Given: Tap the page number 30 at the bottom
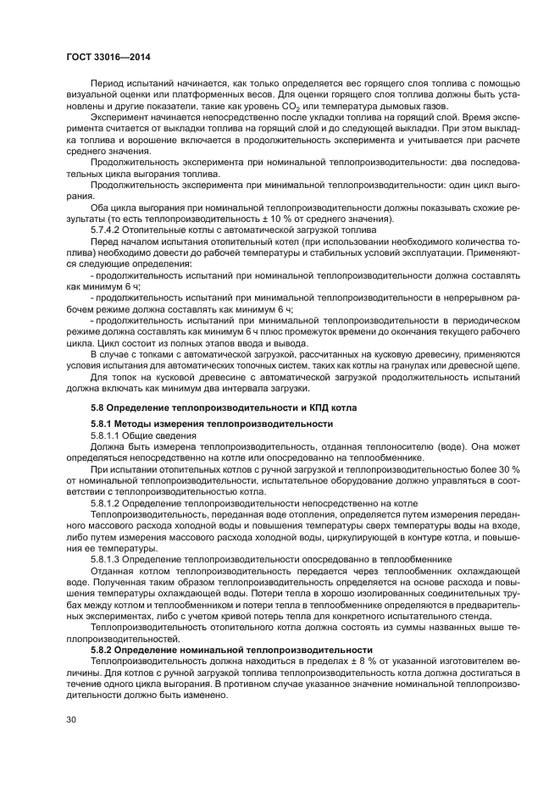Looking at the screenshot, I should tap(73, 721).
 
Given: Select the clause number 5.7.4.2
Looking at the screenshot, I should tap(108, 230).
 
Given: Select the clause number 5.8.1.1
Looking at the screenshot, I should tap(108, 435).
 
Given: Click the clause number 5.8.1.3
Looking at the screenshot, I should tap(108, 559).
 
